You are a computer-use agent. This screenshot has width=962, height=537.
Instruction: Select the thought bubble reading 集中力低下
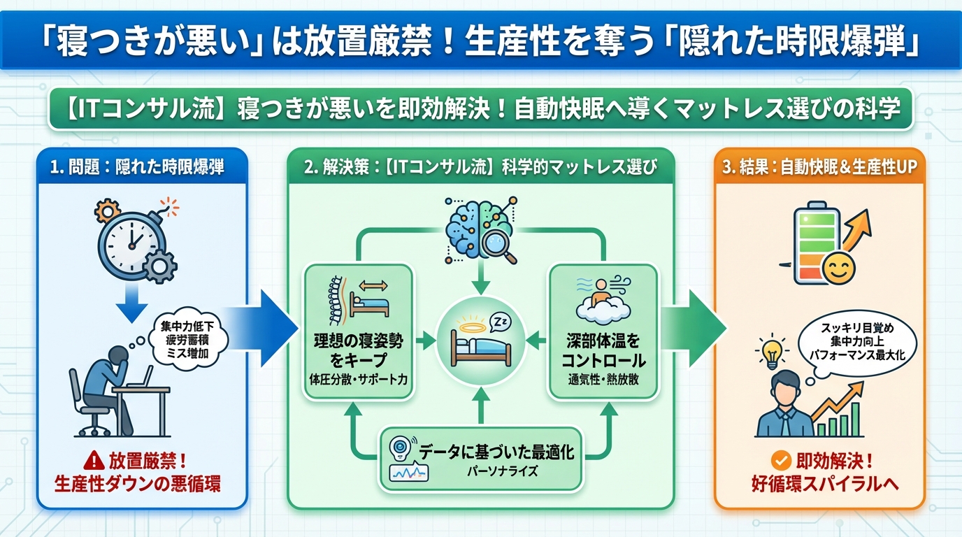pos(189,341)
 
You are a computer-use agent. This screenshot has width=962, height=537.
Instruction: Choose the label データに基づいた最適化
pos(496,452)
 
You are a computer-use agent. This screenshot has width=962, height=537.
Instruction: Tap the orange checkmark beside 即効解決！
pos(780,460)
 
